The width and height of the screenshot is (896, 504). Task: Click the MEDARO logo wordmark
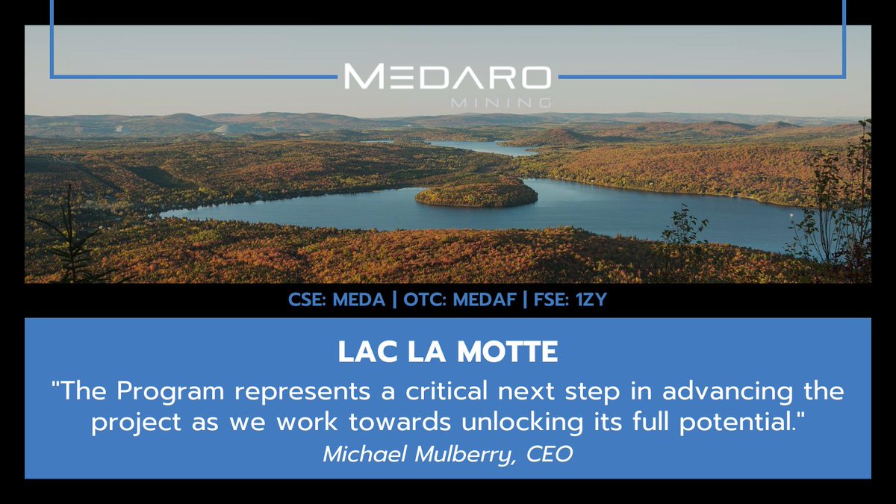tap(447, 76)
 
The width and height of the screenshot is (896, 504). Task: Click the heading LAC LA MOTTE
tap(447, 352)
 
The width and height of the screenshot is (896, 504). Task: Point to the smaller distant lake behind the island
tap(478, 147)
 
